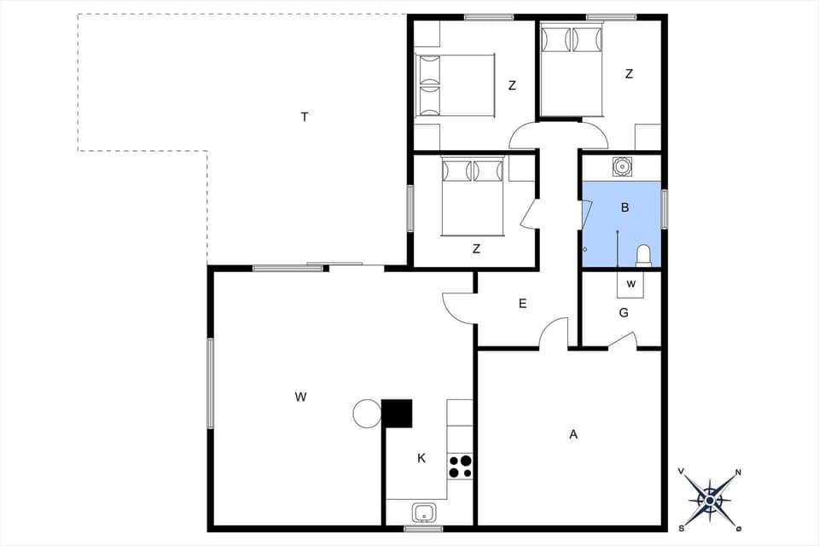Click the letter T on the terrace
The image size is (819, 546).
point(304,117)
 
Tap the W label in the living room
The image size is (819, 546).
point(300,397)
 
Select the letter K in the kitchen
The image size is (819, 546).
point(421,458)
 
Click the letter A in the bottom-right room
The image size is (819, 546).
point(573,434)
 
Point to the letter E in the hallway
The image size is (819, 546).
point(522,303)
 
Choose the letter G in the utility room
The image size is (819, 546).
point(624,313)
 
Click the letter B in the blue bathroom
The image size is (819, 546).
point(624,207)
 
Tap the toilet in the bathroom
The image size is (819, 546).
point(644,255)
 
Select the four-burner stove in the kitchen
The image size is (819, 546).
point(460,467)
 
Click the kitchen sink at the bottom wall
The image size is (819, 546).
point(424,513)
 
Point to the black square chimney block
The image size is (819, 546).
point(397,414)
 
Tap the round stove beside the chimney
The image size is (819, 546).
point(367,414)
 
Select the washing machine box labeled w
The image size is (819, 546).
point(631,282)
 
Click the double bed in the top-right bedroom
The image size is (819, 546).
point(572,72)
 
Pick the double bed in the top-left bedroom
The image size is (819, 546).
point(455,85)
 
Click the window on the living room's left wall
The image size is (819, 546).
point(210,382)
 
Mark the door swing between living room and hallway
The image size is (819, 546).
point(458,307)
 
